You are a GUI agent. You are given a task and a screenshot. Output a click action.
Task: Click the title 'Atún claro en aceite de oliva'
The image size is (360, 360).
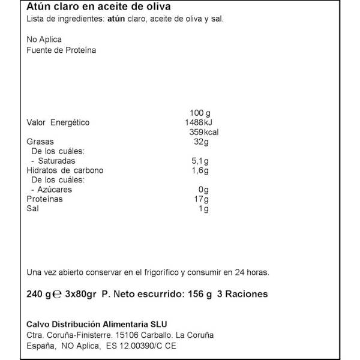click(x=99, y=7)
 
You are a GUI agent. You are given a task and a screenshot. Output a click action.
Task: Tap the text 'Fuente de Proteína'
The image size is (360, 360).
click(x=62, y=50)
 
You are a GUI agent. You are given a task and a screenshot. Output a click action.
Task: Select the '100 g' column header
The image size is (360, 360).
click(x=199, y=113)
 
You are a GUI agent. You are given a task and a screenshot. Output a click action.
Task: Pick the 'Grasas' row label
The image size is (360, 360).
click(x=40, y=142)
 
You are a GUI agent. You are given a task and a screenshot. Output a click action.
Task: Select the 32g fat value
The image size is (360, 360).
click(x=200, y=142)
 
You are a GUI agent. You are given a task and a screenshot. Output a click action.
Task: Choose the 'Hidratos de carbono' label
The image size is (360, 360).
click(x=65, y=170)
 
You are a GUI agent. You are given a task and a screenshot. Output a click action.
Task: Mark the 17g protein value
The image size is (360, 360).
click(x=201, y=199)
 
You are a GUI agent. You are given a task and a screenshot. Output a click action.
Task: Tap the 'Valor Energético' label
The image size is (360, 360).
click(x=58, y=122)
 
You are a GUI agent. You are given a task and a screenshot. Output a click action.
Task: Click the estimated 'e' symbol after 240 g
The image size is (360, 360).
click(x=57, y=295)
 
